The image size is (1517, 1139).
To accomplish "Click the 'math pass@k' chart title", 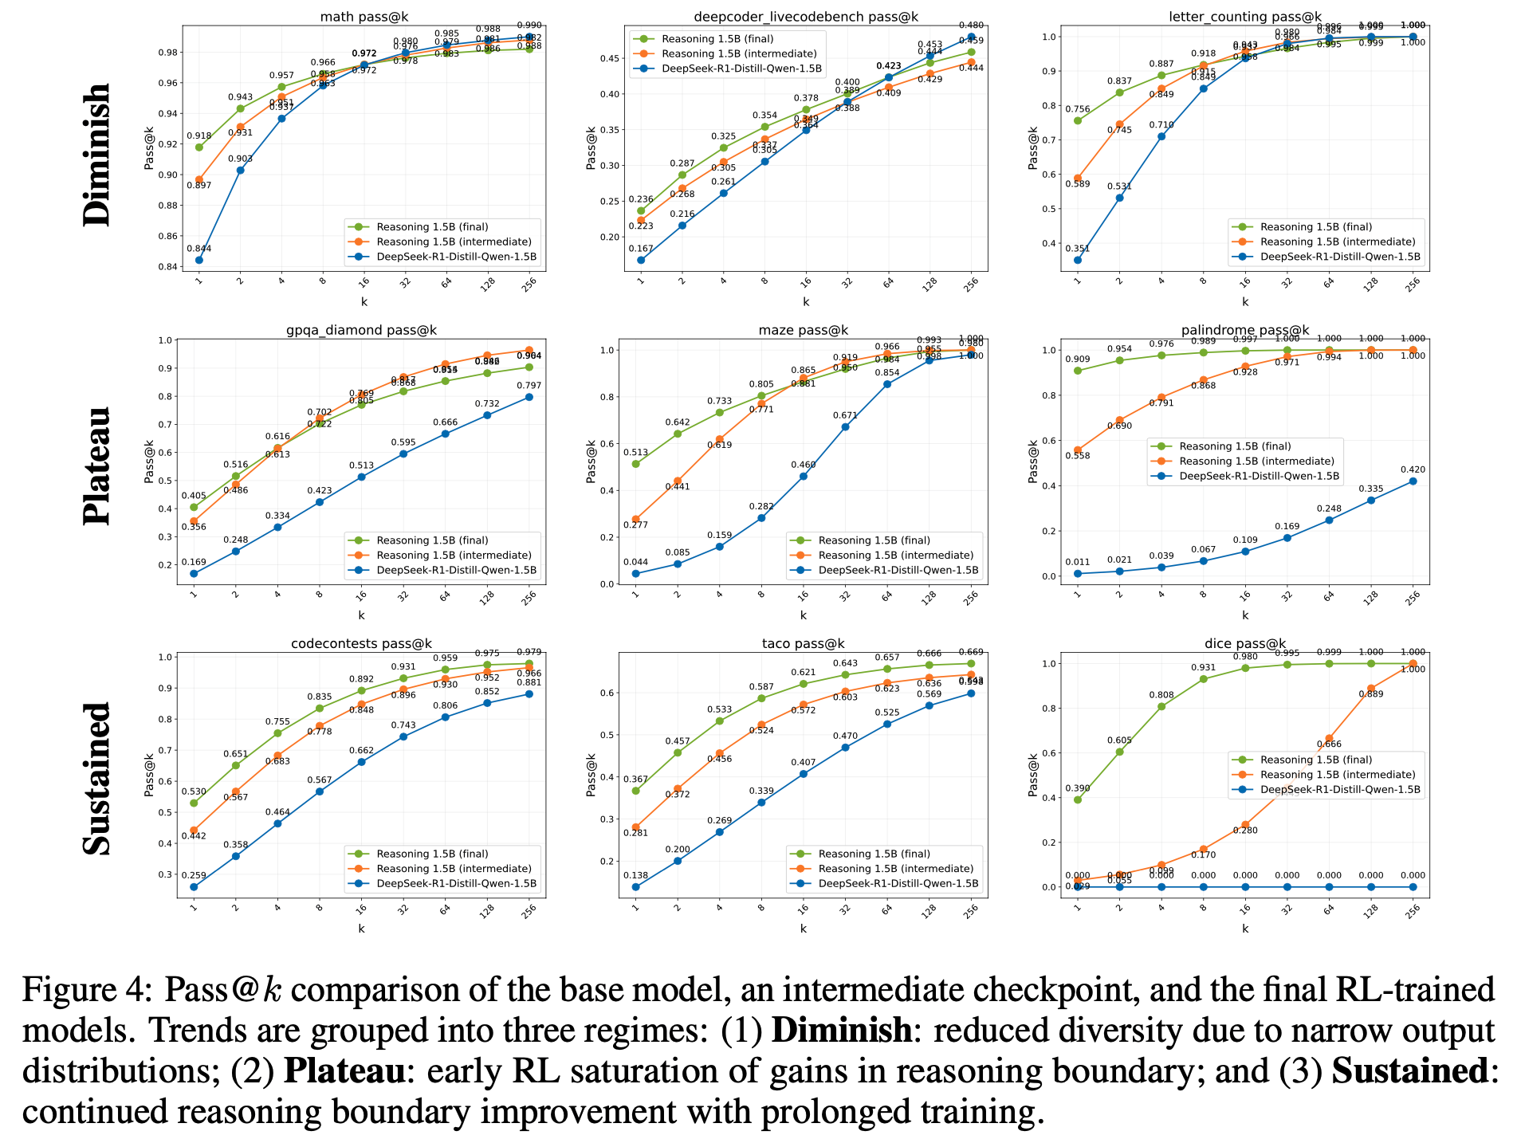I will pyautogui.click(x=361, y=16).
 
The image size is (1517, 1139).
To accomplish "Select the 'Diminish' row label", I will pyautogui.click(x=97, y=155).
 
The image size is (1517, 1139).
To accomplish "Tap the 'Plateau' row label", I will pyautogui.click(x=97, y=466).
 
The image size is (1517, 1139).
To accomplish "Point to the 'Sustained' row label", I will pyautogui.click(x=97, y=779).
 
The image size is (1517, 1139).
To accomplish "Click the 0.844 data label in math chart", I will pyautogui.click(x=198, y=249).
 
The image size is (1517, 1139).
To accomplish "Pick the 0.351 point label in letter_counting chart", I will pyautogui.click(x=1078, y=249).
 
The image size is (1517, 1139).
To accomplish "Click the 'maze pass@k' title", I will pyautogui.click(x=803, y=330).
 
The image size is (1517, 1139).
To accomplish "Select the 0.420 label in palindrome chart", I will pyautogui.click(x=1413, y=470).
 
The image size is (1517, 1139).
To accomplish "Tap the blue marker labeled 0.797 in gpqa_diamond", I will pyautogui.click(x=528, y=397).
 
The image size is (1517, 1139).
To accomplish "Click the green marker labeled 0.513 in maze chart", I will pyautogui.click(x=635, y=464).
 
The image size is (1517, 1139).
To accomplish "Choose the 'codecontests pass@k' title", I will pyautogui.click(x=361, y=643).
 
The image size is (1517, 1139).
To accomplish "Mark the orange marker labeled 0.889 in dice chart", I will pyautogui.click(x=1371, y=688).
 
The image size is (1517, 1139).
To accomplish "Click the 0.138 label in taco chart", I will pyautogui.click(x=635, y=875).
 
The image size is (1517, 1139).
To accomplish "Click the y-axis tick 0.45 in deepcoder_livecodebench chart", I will pyautogui.click(x=610, y=58).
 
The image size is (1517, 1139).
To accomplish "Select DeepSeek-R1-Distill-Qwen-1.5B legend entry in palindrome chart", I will pyautogui.click(x=1260, y=476).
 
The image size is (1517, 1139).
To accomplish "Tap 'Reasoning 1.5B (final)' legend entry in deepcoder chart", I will pyautogui.click(x=717, y=38).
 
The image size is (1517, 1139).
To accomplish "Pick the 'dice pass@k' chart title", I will pyautogui.click(x=1244, y=643).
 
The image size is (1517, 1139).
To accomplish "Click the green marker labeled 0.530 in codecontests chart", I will pyautogui.click(x=193, y=803).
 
